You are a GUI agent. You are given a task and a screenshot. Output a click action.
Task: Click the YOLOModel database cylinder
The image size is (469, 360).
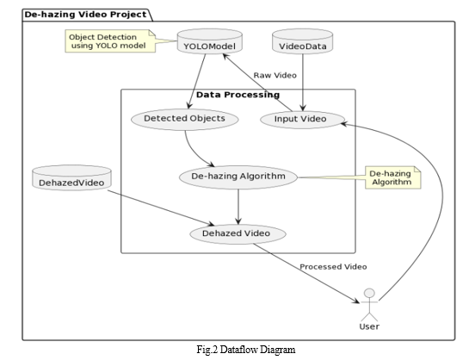[210, 41]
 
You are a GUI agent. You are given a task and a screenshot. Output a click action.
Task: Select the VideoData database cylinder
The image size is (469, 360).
[302, 41]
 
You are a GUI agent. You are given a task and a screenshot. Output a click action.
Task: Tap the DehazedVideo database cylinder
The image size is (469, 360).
[71, 177]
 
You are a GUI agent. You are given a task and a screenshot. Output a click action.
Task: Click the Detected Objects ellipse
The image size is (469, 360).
[184, 119]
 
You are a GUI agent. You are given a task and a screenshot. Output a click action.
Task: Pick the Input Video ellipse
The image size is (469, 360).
[302, 120]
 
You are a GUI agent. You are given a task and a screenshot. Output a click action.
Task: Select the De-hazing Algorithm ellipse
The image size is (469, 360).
[238, 177]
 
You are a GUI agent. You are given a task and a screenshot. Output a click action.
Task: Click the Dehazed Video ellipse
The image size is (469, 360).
[238, 233]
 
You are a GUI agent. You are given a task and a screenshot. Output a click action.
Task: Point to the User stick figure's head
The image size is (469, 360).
[370, 293]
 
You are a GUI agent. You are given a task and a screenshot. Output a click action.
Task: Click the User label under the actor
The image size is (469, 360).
[369, 326]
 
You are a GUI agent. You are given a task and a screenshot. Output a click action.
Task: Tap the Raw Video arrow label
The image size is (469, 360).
[275, 76]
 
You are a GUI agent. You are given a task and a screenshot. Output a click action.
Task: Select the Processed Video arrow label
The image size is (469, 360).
[333, 267]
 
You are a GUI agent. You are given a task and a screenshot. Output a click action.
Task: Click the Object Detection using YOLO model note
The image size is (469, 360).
[110, 41]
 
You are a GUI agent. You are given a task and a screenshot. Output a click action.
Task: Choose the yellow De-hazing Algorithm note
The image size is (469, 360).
[393, 177]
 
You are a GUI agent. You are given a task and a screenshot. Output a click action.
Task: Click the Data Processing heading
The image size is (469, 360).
[238, 95]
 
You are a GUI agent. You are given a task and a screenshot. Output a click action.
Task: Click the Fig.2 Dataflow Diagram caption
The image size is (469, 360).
[246, 349]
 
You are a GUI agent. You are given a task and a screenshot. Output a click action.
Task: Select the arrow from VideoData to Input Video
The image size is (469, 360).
[303, 83]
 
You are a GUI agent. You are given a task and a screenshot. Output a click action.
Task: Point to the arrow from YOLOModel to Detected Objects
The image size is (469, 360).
[197, 81]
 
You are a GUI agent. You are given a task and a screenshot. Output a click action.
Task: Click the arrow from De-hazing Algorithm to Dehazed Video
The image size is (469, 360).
[238, 207]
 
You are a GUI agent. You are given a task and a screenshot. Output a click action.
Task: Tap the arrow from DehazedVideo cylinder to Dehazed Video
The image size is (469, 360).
[161, 208]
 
